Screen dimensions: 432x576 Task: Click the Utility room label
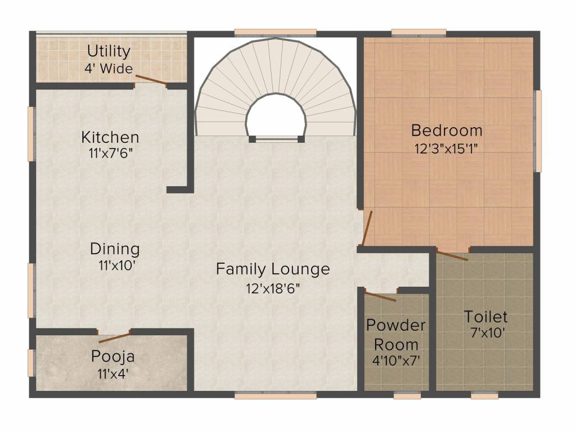pos(109,52)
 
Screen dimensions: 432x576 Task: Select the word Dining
pos(115,249)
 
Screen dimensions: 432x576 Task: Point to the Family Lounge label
pos(273,269)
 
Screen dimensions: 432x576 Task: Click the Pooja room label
pos(113,357)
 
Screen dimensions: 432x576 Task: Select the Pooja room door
pos(115,337)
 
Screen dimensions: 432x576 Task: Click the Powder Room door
pos(381,296)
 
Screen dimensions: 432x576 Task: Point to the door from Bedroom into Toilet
pos(452,255)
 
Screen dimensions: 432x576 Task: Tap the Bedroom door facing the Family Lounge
pos(367,228)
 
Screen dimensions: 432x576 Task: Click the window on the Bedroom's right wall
pos(538,130)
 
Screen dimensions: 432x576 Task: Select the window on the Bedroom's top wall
pos(418,32)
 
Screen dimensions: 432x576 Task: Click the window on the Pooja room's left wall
pos(31,362)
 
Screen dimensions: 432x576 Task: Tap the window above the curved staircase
pos(275,32)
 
